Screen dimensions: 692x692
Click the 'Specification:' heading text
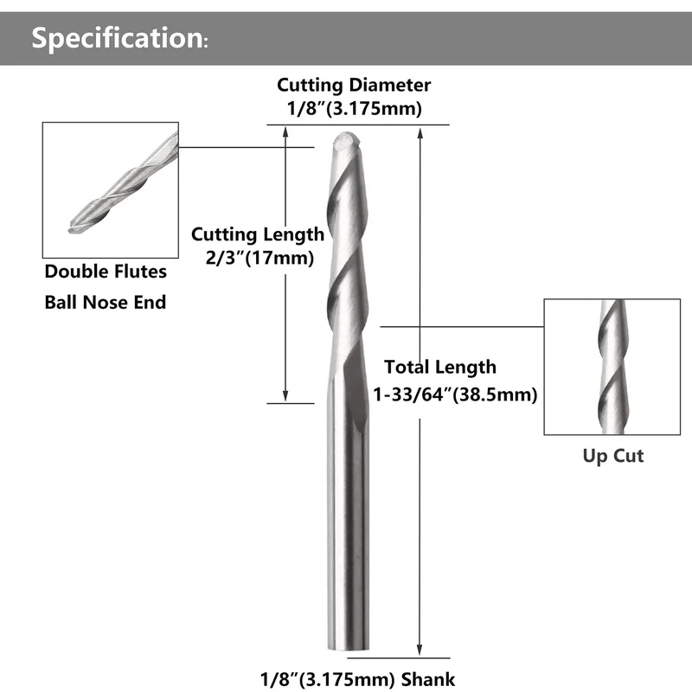tap(119, 38)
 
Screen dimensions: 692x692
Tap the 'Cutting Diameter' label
tap(354, 85)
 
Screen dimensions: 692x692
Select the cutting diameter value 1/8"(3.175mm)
tap(355, 109)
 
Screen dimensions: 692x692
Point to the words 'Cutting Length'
tap(258, 234)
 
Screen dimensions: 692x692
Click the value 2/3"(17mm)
tap(260, 258)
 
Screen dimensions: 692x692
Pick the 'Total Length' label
tap(440, 367)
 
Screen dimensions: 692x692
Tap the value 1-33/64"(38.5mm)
tap(455, 394)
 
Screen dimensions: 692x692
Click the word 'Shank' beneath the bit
tap(428, 680)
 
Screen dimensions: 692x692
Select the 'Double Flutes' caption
tap(106, 272)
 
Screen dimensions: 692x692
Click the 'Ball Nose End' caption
tap(106, 302)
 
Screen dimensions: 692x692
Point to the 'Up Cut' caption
tap(613, 456)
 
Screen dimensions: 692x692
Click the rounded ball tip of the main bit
tap(347, 140)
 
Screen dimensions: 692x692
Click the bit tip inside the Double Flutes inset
tap(73, 229)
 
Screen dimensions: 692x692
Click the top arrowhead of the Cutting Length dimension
tap(285, 131)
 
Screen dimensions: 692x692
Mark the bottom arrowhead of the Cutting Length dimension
tap(285, 397)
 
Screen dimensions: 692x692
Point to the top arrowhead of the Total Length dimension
tap(420, 133)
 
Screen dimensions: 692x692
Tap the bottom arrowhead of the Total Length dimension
tap(420, 650)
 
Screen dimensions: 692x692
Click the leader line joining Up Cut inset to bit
tap(462, 327)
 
